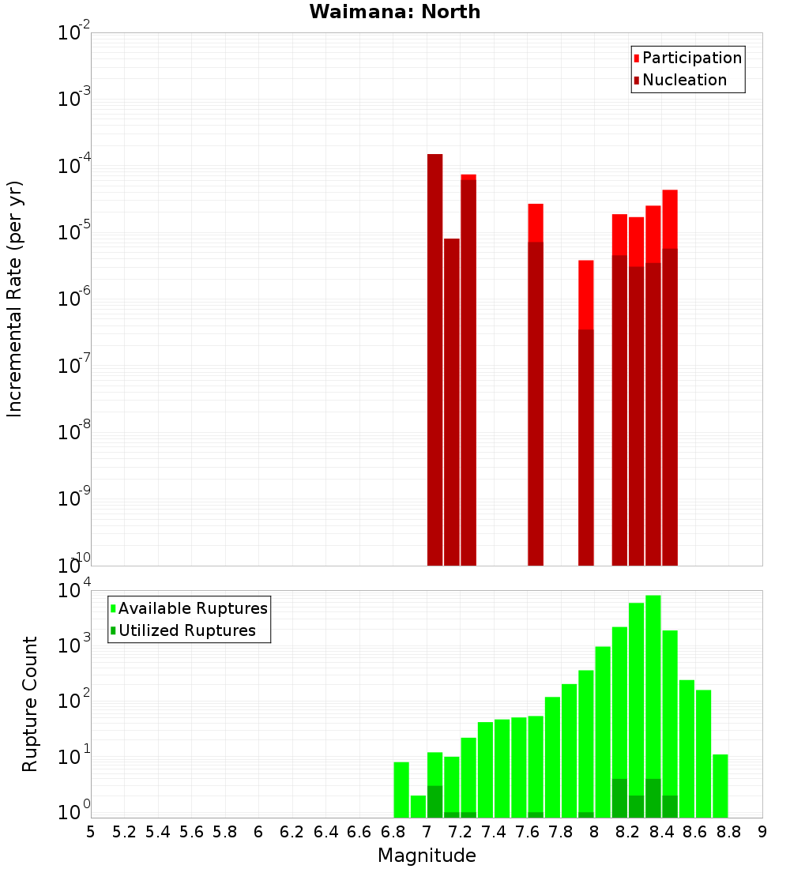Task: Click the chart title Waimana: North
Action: tap(395, 12)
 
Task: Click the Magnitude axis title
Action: tap(427, 856)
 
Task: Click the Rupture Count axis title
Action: tap(30, 703)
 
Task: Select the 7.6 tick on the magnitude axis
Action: tap(527, 832)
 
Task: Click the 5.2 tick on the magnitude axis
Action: tap(124, 832)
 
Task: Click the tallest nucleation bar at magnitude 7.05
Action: tap(434, 355)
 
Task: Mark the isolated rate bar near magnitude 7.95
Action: tap(585, 411)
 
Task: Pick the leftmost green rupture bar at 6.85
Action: tap(401, 790)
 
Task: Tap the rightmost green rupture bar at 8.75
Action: tap(720, 786)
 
